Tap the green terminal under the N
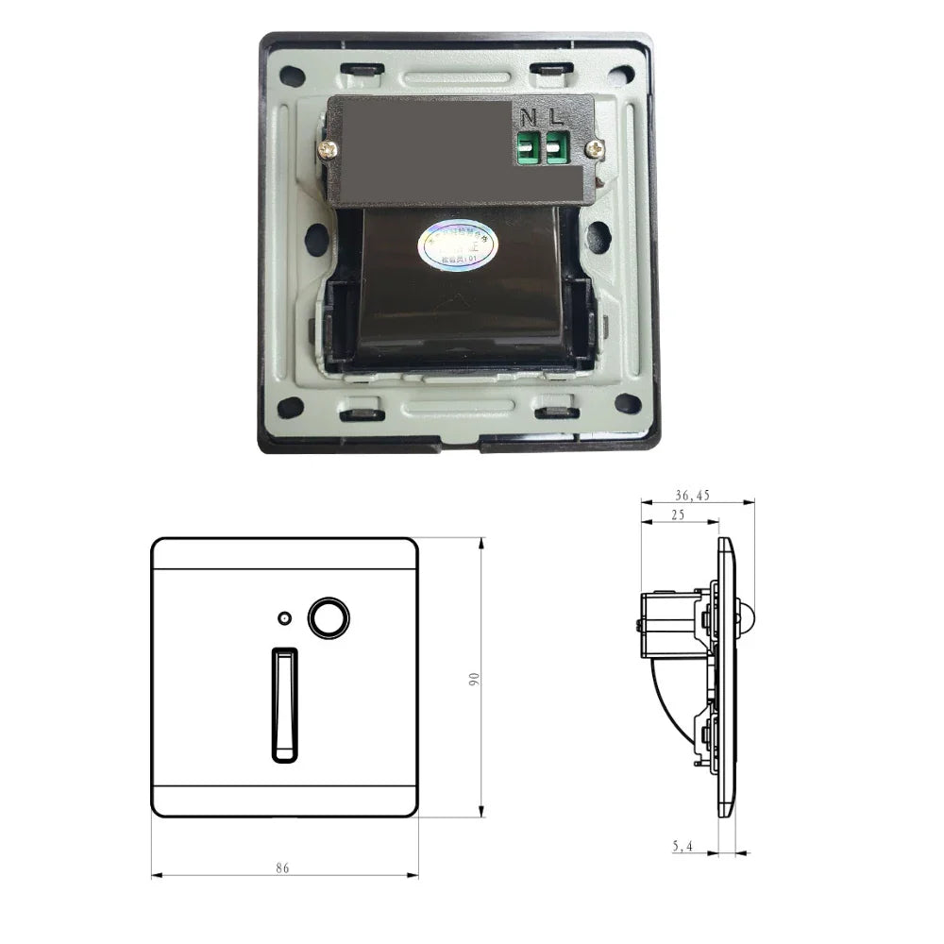tap(529, 149)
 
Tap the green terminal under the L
tap(557, 149)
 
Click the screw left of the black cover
tap(326, 148)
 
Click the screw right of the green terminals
tap(595, 148)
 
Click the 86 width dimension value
tap(282, 867)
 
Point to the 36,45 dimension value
tap(693, 495)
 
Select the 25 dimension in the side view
tap(678, 514)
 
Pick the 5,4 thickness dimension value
tap(683, 847)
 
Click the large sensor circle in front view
tap(329, 617)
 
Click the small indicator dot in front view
tap(284, 619)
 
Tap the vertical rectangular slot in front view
tap(283, 704)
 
